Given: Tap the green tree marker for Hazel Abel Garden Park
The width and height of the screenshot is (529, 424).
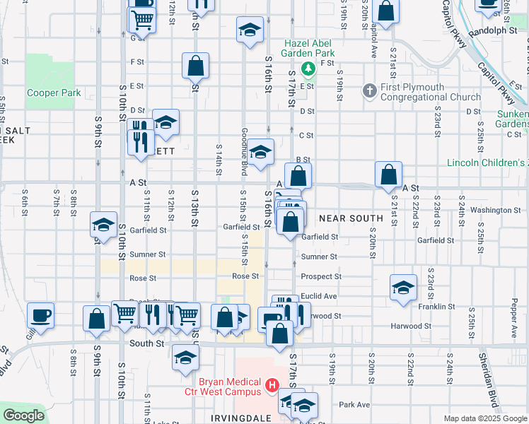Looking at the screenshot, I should coord(308,69).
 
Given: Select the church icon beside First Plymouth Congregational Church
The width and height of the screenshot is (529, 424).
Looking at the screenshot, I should coord(368,90).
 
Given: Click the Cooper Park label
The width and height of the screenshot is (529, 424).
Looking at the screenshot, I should coord(54,93).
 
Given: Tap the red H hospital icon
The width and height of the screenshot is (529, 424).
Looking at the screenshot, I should coord(273,387).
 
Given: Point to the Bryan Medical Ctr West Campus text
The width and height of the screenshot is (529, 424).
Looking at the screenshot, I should coord(231,387).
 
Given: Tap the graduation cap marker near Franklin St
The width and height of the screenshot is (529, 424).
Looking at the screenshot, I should coord(403,287).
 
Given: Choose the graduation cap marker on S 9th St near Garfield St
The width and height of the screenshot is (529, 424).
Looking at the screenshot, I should coord(103,225).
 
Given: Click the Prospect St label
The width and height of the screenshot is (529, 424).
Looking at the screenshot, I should coord(321,276).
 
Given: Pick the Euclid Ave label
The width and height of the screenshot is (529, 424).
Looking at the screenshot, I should coord(319,296).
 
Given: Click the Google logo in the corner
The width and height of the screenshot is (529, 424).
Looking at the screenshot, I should coord(23,416).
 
